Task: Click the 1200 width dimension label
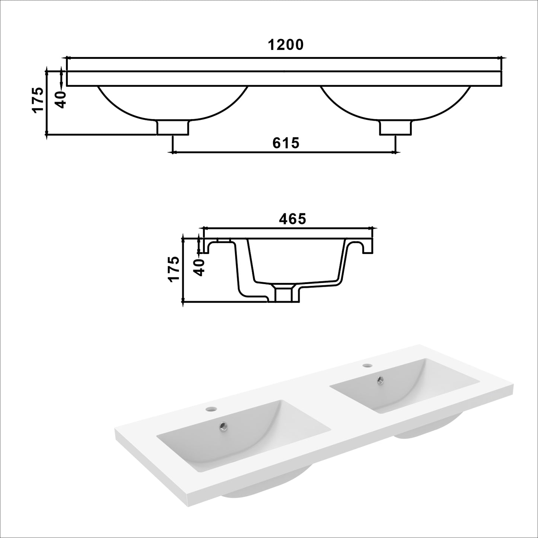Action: click(286, 45)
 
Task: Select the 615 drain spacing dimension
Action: click(286, 143)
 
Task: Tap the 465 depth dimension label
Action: click(292, 219)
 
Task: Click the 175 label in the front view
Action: click(38, 99)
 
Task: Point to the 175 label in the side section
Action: click(174, 269)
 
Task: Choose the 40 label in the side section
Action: click(200, 267)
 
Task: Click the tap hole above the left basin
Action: click(210, 409)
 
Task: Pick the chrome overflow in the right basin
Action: click(380, 379)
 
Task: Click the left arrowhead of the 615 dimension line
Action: click(172, 152)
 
